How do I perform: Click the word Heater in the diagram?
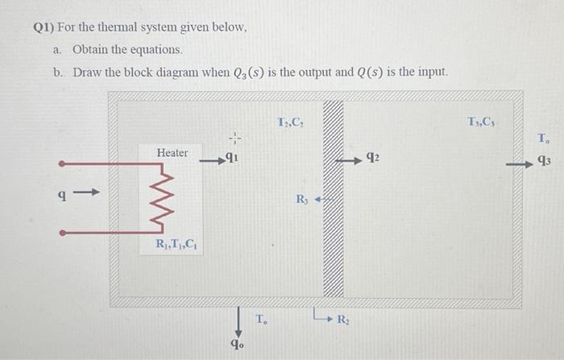coord(172,152)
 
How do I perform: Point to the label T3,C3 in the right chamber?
coord(482,122)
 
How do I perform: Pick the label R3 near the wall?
coord(302,199)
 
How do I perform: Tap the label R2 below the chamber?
coord(343,321)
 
